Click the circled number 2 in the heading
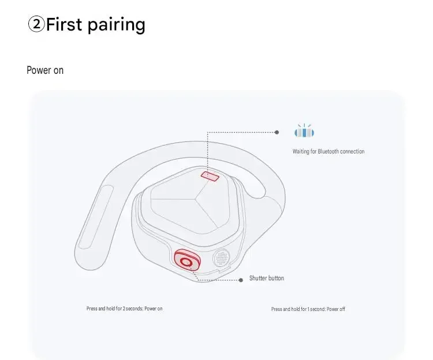(36, 24)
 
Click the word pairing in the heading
(116, 25)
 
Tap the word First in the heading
(64, 24)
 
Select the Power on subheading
(45, 70)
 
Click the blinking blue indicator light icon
(304, 131)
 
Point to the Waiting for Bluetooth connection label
(329, 151)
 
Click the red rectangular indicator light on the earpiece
(210, 176)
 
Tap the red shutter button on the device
(187, 260)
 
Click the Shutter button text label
(267, 278)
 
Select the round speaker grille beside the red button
(221, 258)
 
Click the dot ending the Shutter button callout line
(241, 280)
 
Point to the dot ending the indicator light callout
(277, 133)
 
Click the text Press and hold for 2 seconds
(115, 309)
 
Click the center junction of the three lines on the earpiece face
(196, 198)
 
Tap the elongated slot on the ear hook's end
(95, 217)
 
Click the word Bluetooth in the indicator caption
(328, 151)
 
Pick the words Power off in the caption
(336, 309)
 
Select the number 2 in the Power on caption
(124, 309)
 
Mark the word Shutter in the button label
(258, 278)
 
